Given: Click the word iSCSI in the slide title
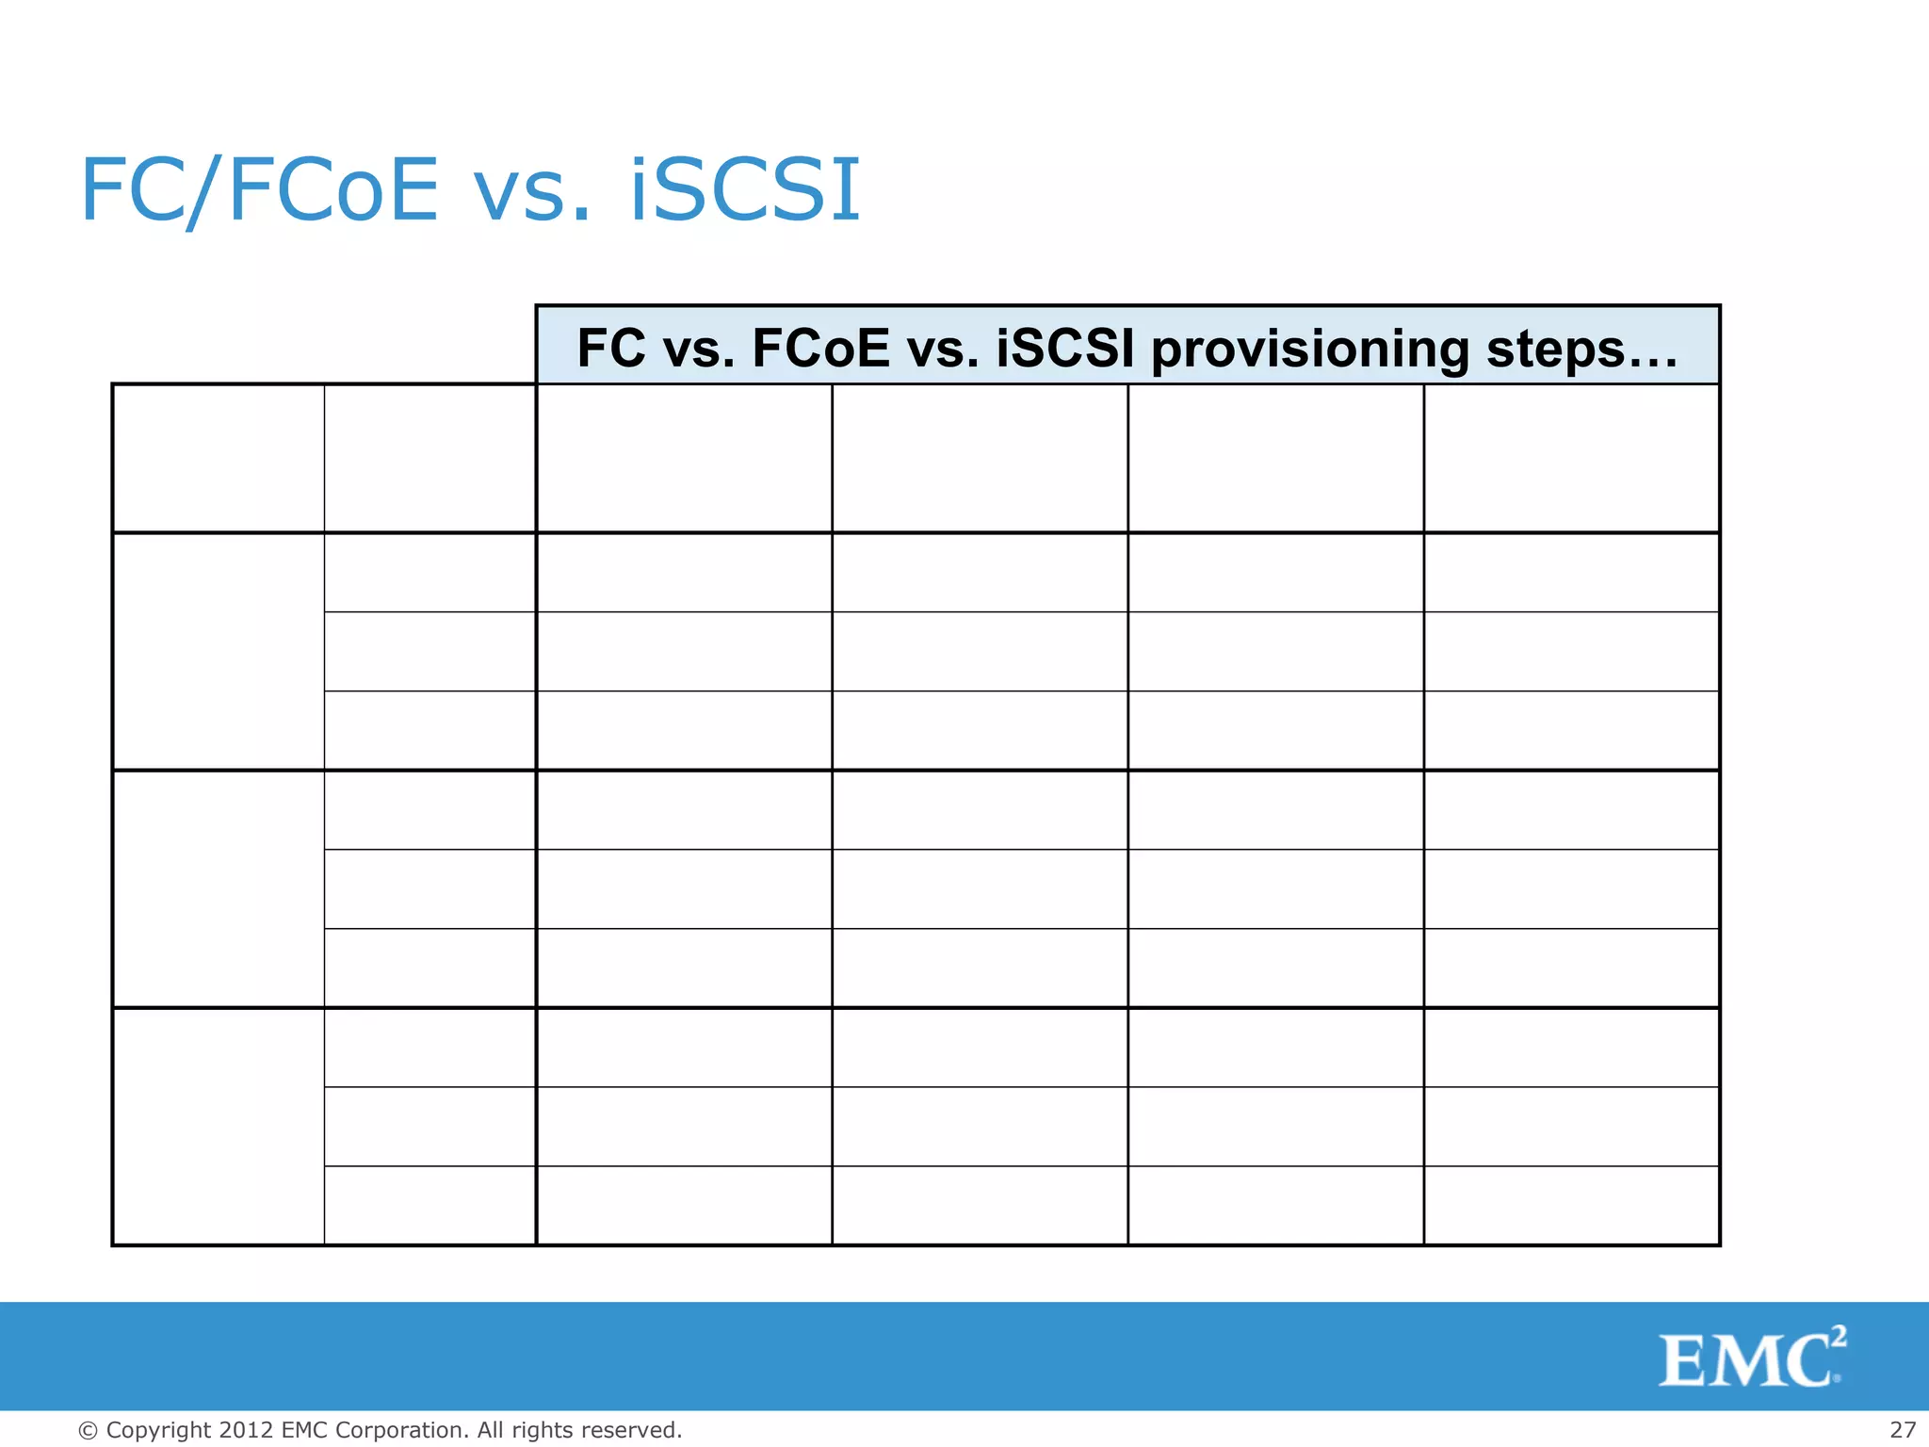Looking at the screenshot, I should [744, 190].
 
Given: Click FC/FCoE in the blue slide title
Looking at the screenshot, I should [259, 190].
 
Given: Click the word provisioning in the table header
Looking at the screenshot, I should [1309, 349].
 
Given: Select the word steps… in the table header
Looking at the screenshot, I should [1582, 349].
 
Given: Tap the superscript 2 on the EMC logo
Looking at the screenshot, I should [1839, 1336].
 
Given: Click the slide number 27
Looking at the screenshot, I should [1903, 1430].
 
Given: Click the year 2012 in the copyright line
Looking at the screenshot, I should [246, 1430].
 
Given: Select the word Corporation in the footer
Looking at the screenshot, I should [399, 1430].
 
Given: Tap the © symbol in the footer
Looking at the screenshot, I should [88, 1431].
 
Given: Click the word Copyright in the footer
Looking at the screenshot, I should [158, 1430].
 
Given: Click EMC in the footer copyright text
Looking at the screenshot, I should [304, 1430].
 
